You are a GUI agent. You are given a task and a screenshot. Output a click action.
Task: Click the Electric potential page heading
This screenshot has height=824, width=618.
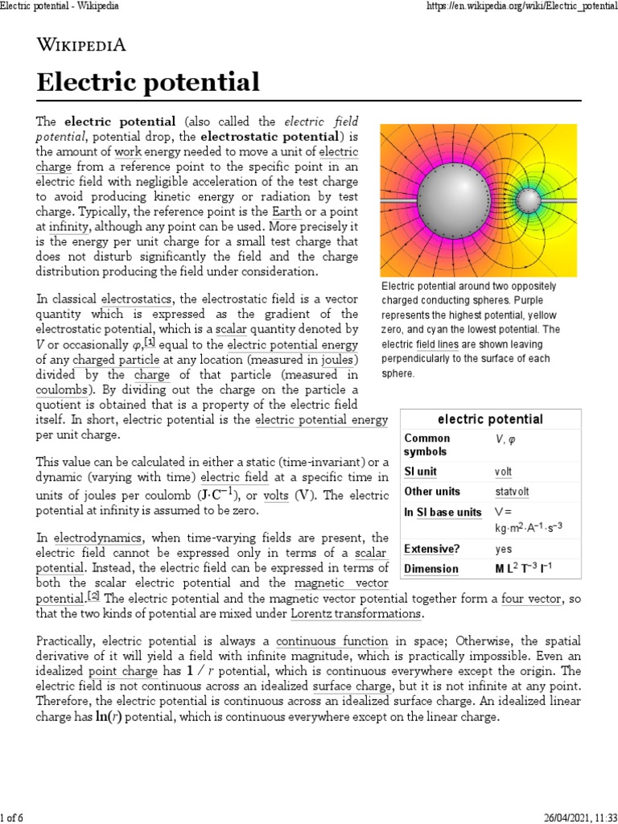click(x=148, y=82)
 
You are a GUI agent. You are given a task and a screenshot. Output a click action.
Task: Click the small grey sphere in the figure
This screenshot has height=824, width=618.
click(x=529, y=199)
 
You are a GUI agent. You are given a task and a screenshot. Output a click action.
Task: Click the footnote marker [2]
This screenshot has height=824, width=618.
click(x=94, y=596)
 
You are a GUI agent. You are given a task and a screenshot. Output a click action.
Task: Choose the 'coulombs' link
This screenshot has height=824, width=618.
click(x=61, y=389)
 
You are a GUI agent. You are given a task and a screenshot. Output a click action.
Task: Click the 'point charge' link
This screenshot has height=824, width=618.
click(x=117, y=671)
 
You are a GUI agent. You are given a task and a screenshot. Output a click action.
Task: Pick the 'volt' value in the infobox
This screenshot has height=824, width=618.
click(x=503, y=471)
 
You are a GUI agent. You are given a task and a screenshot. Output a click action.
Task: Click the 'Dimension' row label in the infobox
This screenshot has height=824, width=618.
click(x=431, y=569)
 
